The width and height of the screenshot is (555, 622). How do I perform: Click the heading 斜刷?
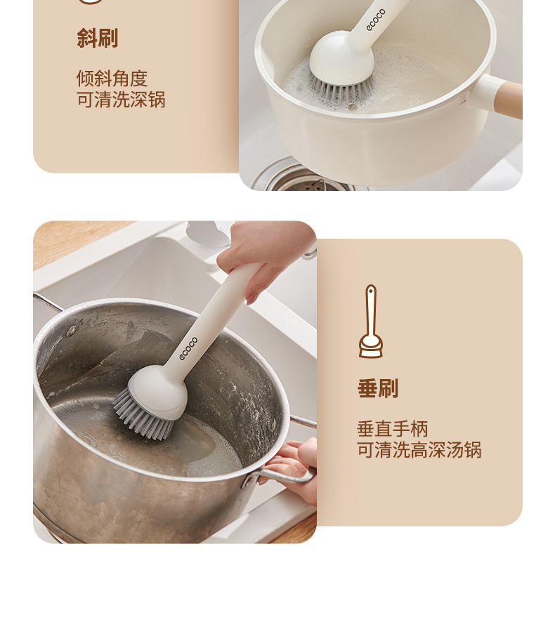97,38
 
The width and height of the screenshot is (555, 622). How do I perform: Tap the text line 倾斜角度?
112,78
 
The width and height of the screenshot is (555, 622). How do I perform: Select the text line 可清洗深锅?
121,100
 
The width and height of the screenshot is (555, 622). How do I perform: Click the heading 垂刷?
378,388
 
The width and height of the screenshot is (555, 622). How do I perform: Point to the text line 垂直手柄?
393,429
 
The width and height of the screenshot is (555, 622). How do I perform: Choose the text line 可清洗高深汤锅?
419,450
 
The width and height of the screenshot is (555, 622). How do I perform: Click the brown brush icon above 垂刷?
371,322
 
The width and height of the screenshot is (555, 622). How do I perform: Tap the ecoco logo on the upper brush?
376,20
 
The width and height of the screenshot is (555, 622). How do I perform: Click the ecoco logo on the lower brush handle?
188,348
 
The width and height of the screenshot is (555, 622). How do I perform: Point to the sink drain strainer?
306,181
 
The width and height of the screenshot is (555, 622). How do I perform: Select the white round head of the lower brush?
158,391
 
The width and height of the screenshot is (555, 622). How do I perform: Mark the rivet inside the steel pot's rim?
71,331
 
